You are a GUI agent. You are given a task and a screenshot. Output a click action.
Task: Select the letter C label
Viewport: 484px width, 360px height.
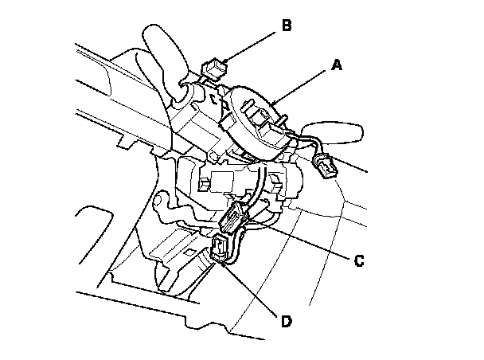[359, 260]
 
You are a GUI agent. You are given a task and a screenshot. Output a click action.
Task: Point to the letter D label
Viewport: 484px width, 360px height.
[284, 322]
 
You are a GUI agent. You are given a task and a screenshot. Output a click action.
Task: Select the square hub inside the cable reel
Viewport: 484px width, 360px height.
[263, 120]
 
